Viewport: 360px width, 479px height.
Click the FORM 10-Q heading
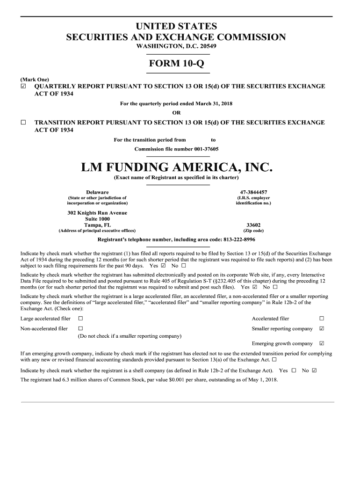tap(179, 63)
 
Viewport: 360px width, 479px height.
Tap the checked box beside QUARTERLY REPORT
tap(23, 87)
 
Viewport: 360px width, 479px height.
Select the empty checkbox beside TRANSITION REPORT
tap(23, 123)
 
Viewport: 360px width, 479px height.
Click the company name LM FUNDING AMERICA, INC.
tap(176, 167)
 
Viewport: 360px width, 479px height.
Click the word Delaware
tap(97, 192)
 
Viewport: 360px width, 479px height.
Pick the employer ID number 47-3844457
tap(253, 192)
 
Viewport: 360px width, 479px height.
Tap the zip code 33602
tap(253, 225)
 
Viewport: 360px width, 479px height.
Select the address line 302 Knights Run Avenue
tap(97, 213)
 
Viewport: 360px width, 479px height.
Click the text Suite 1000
tap(97, 219)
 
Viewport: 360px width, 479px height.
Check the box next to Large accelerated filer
tap(80, 319)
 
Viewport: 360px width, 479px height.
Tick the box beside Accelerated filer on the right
tap(321, 319)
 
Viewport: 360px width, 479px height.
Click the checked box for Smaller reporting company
tap(321, 329)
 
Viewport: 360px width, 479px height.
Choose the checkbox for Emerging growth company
tap(321, 343)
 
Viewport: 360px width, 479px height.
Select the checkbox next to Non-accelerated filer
tap(80, 329)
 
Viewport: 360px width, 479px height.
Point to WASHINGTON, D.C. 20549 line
tap(176, 47)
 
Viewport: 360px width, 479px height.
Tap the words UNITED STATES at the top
tap(176, 27)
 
